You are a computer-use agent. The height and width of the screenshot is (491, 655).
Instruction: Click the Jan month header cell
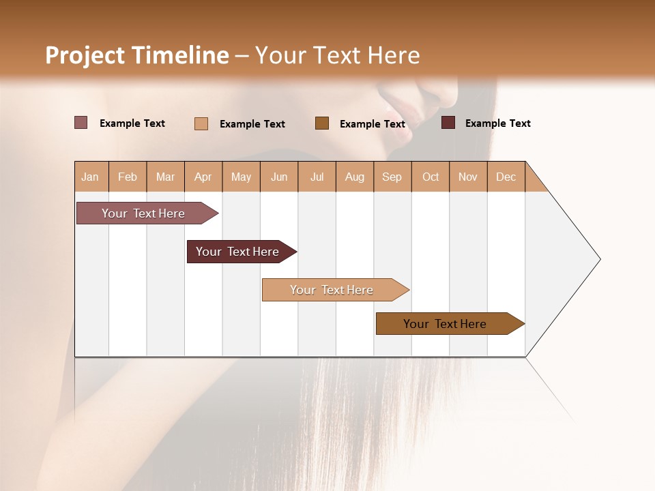pyautogui.click(x=91, y=177)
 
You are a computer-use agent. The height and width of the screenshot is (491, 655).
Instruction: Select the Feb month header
pyautogui.click(x=128, y=177)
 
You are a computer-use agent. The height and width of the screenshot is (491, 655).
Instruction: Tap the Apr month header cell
pyautogui.click(x=203, y=177)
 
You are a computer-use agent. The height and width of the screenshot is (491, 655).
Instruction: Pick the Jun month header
pyautogui.click(x=279, y=177)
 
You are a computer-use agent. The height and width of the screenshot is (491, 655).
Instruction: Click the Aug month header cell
pyautogui.click(x=355, y=177)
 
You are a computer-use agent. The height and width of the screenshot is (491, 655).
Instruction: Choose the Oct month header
pyautogui.click(x=431, y=177)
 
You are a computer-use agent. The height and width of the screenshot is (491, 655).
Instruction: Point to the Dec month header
pyautogui.click(x=506, y=177)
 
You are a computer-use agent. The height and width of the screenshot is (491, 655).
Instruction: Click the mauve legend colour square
pyautogui.click(x=81, y=123)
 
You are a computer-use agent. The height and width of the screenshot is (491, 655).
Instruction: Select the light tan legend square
pyautogui.click(x=201, y=123)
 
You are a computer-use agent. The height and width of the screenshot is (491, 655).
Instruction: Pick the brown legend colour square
pyautogui.click(x=322, y=123)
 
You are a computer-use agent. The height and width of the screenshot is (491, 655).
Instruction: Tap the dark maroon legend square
pyautogui.click(x=448, y=123)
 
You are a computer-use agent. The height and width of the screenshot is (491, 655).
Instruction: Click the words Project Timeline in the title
pyautogui.click(x=137, y=55)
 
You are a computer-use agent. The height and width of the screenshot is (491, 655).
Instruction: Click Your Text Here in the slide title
pyautogui.click(x=338, y=55)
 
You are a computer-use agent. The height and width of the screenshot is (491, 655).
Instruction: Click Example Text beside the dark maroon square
pyautogui.click(x=497, y=123)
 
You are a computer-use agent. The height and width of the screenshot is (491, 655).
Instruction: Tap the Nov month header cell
pyautogui.click(x=468, y=177)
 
